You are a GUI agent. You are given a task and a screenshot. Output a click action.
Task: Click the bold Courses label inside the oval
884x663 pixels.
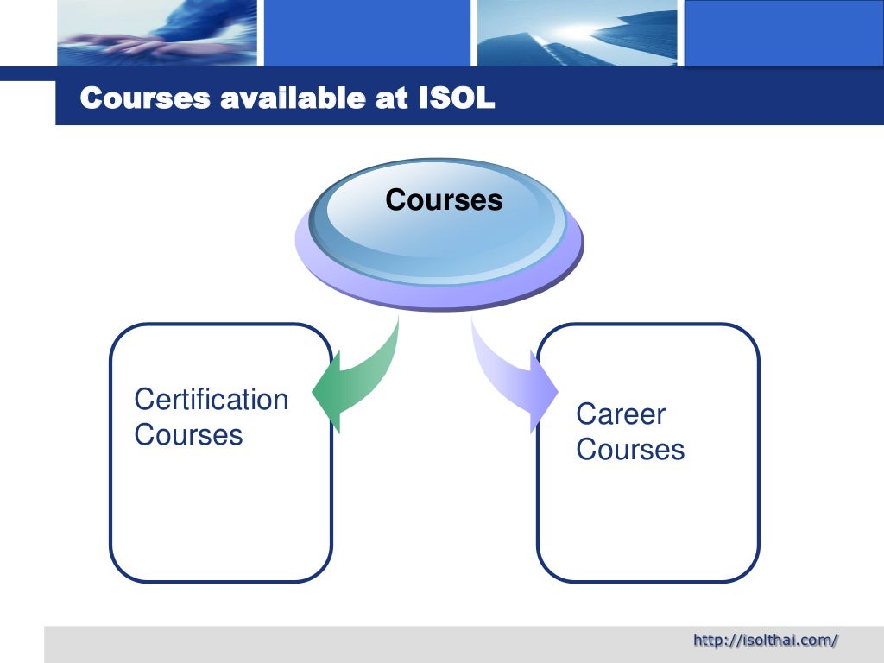[x=444, y=200]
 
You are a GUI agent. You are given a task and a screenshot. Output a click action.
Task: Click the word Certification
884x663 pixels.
[x=212, y=400]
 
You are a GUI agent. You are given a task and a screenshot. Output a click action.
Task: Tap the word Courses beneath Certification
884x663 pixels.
[x=188, y=434]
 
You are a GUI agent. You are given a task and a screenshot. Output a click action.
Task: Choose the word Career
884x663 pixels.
[x=621, y=414]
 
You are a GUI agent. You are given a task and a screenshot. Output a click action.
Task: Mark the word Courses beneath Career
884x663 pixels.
[x=630, y=450]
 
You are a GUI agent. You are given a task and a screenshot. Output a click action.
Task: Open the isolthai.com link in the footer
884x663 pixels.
[x=766, y=640]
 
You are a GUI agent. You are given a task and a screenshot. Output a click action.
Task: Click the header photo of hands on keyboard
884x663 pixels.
[x=157, y=33]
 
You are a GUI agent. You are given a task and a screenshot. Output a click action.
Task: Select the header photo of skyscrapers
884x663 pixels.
[x=578, y=33]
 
